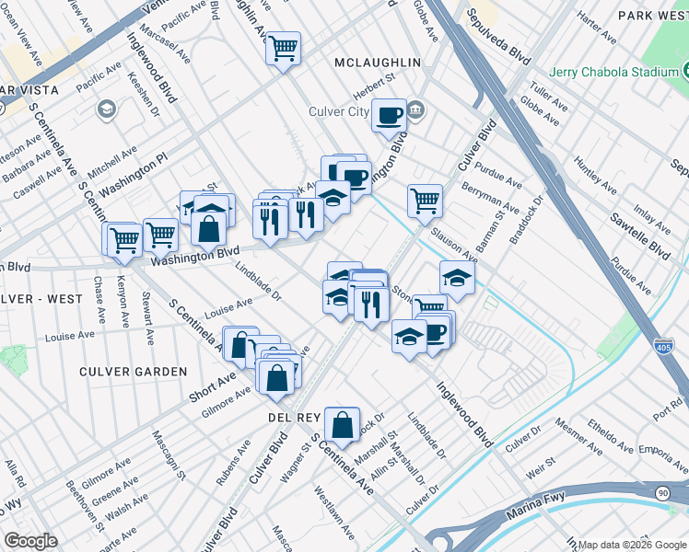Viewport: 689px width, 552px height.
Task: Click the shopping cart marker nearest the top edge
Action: (284, 46)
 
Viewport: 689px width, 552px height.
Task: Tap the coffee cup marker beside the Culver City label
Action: (389, 116)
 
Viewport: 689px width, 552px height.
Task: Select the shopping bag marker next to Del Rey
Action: (342, 425)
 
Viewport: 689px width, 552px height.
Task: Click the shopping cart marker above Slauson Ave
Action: (425, 200)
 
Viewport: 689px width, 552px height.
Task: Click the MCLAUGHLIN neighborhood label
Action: (378, 63)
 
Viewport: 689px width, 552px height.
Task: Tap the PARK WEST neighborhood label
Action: (652, 16)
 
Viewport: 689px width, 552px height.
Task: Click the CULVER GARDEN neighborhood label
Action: (133, 372)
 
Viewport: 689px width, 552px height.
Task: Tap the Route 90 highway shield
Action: (661, 493)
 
